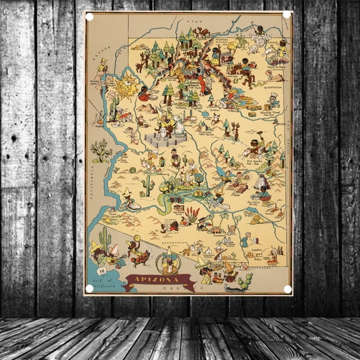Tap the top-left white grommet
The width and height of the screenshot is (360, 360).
point(89,17)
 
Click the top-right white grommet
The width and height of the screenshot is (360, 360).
point(287,14)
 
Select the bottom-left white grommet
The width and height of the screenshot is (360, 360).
point(89,288)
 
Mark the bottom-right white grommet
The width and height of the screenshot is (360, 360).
point(287,289)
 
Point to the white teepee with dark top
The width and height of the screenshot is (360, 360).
point(262,181)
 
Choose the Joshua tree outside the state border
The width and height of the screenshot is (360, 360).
point(101,150)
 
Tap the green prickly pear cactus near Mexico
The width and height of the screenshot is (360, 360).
point(244,280)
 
